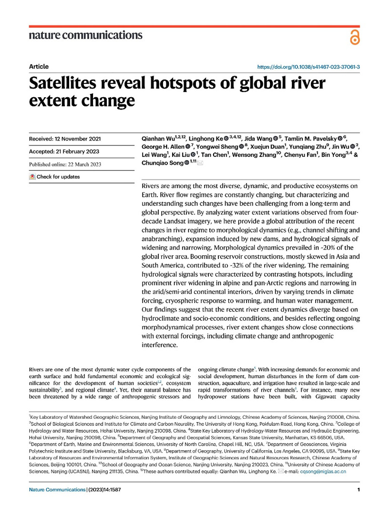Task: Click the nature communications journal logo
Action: tap(85, 35)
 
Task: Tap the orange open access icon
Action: tap(354, 36)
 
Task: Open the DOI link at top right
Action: tap(308, 68)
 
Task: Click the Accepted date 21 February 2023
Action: tap(66, 152)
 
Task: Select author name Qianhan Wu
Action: tap(161, 138)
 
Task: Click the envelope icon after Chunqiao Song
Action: tap(200, 163)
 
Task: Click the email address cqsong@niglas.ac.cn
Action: tap(323, 471)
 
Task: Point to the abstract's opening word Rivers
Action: tap(152, 185)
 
